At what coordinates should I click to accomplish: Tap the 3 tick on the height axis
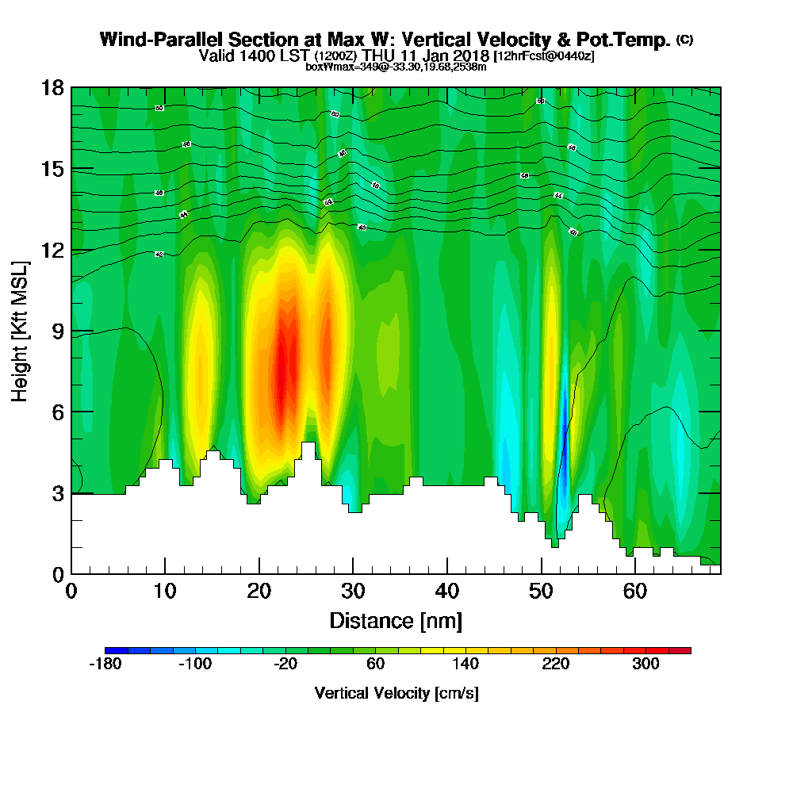[x=54, y=493]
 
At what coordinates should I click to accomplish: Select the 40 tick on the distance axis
[x=447, y=591]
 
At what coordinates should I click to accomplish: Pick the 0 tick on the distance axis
[x=71, y=591]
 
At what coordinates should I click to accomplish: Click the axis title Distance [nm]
[x=395, y=620]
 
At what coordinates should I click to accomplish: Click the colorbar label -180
[x=105, y=665]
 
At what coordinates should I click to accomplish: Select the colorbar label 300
[x=646, y=665]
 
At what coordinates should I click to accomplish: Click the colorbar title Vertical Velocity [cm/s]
[x=396, y=693]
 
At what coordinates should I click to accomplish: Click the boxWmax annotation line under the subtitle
[x=396, y=67]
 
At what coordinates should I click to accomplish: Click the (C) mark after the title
[x=684, y=39]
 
